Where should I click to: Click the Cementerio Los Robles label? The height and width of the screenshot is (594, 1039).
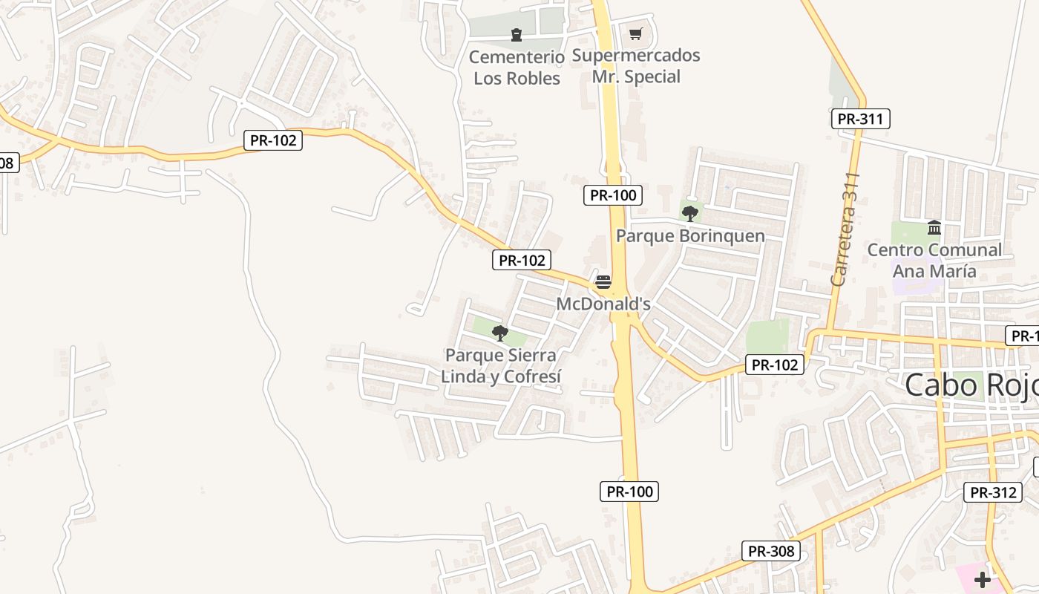tap(517, 68)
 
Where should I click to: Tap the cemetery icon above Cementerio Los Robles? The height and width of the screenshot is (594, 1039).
tap(517, 34)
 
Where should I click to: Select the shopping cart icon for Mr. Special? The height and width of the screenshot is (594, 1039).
tap(635, 33)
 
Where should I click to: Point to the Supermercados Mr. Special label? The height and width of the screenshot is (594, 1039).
tap(636, 66)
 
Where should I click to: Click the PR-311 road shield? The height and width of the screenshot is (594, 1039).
tap(860, 119)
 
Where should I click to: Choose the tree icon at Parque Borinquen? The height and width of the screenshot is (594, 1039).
tap(690, 214)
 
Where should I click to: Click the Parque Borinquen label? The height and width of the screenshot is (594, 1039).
tap(690, 236)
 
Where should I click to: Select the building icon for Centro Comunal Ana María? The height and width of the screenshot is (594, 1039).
tap(934, 227)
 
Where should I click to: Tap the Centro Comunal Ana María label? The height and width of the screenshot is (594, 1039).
tap(934, 260)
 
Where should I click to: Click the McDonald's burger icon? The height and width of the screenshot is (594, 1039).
tap(603, 282)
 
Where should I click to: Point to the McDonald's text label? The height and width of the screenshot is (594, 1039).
tap(603, 304)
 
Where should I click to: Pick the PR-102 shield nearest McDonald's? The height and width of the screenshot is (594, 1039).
tap(521, 260)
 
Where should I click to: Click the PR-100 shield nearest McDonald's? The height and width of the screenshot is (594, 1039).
tap(612, 195)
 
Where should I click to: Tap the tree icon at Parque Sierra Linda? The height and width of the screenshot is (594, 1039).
tap(500, 333)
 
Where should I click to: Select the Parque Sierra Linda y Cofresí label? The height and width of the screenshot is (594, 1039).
tap(500, 366)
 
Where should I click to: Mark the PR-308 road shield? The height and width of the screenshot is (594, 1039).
tap(771, 551)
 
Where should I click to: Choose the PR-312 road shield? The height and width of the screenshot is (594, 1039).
tap(992, 492)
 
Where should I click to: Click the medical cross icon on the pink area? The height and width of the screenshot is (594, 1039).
tap(983, 579)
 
